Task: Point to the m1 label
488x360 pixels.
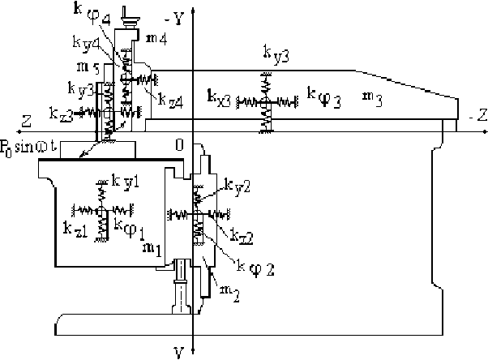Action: coord(152,245)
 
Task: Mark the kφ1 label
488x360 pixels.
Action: coord(131,225)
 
